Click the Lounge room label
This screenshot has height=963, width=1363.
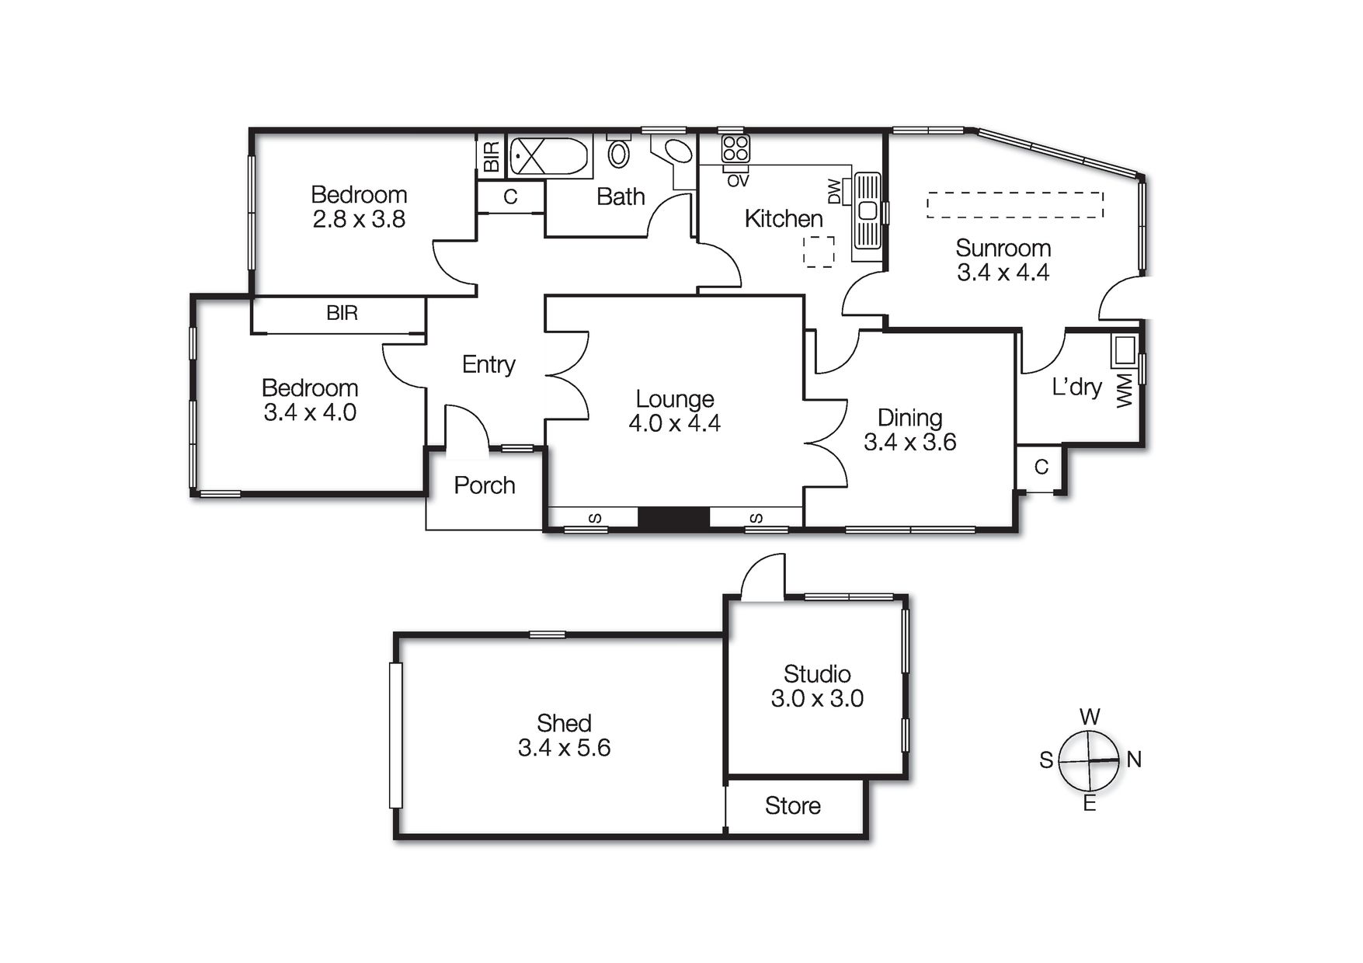click(674, 398)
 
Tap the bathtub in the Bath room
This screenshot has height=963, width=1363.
click(548, 156)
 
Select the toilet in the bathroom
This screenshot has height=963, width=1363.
click(618, 153)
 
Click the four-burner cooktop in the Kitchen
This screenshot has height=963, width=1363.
click(735, 148)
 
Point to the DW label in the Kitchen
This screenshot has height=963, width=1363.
click(835, 191)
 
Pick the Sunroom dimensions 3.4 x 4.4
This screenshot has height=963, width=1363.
click(1003, 273)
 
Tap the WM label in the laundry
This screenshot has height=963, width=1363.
click(1125, 391)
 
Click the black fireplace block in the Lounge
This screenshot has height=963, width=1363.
click(673, 518)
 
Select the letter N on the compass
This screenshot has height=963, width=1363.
click(1134, 760)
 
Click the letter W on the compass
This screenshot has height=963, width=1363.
click(1090, 716)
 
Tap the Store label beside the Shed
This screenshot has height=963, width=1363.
click(792, 805)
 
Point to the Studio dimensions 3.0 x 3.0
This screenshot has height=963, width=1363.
click(817, 698)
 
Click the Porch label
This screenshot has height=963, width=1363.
click(485, 485)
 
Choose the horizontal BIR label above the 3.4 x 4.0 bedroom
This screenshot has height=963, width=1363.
click(342, 313)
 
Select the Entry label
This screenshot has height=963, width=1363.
click(489, 364)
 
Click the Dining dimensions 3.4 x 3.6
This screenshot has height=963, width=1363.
click(909, 442)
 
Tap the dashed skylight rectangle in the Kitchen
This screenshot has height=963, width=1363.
click(819, 252)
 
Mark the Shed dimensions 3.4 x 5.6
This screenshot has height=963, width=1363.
click(564, 748)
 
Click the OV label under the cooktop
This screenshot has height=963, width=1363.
click(738, 181)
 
